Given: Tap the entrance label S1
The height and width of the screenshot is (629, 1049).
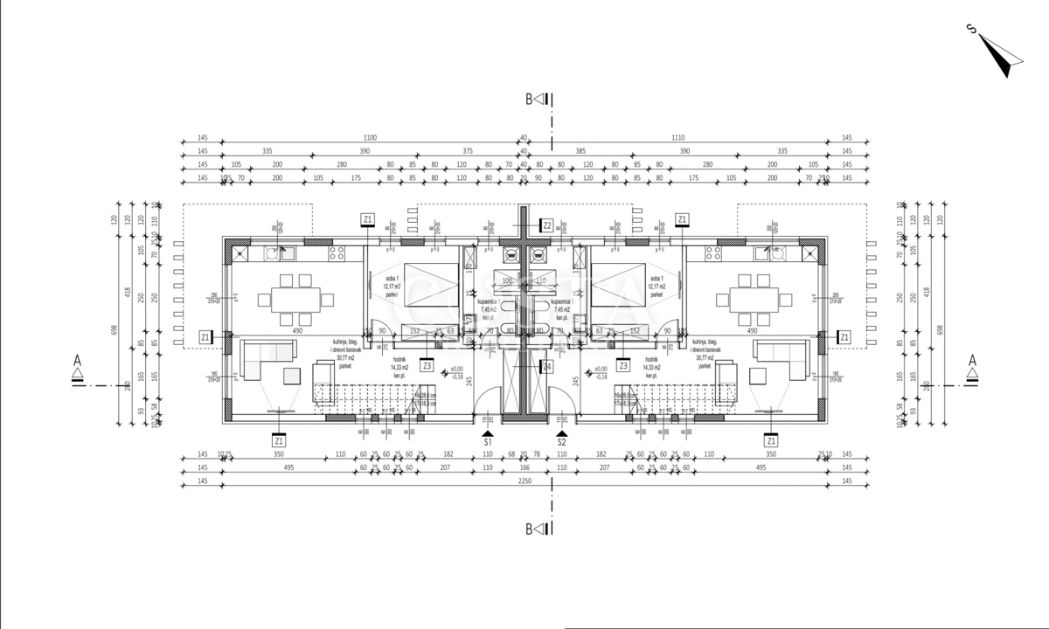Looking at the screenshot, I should [488, 443].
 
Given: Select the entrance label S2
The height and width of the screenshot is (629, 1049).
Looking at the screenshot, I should [561, 443].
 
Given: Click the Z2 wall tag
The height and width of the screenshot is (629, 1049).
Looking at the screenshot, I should [547, 225].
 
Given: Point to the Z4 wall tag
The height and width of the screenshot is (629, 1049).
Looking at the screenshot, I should [547, 367].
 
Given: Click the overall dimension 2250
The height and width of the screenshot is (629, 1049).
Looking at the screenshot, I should [524, 481].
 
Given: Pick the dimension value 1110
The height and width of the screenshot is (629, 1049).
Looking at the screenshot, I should [678, 138].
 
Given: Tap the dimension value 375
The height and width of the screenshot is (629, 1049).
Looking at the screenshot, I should [467, 151].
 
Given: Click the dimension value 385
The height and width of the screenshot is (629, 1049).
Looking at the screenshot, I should [580, 151].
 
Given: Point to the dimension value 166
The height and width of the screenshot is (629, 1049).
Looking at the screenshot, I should [524, 468].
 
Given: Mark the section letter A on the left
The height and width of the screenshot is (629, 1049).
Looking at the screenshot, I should [77, 360].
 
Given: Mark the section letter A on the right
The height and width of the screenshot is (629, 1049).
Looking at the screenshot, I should [972, 360].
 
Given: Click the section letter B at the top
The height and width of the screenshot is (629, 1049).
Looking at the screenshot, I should [529, 100].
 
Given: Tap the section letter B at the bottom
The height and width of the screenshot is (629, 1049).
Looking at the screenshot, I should [529, 529].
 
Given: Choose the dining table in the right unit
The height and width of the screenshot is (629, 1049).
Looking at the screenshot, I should [754, 299].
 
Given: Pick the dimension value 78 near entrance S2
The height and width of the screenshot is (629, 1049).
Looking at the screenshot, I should [537, 455].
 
